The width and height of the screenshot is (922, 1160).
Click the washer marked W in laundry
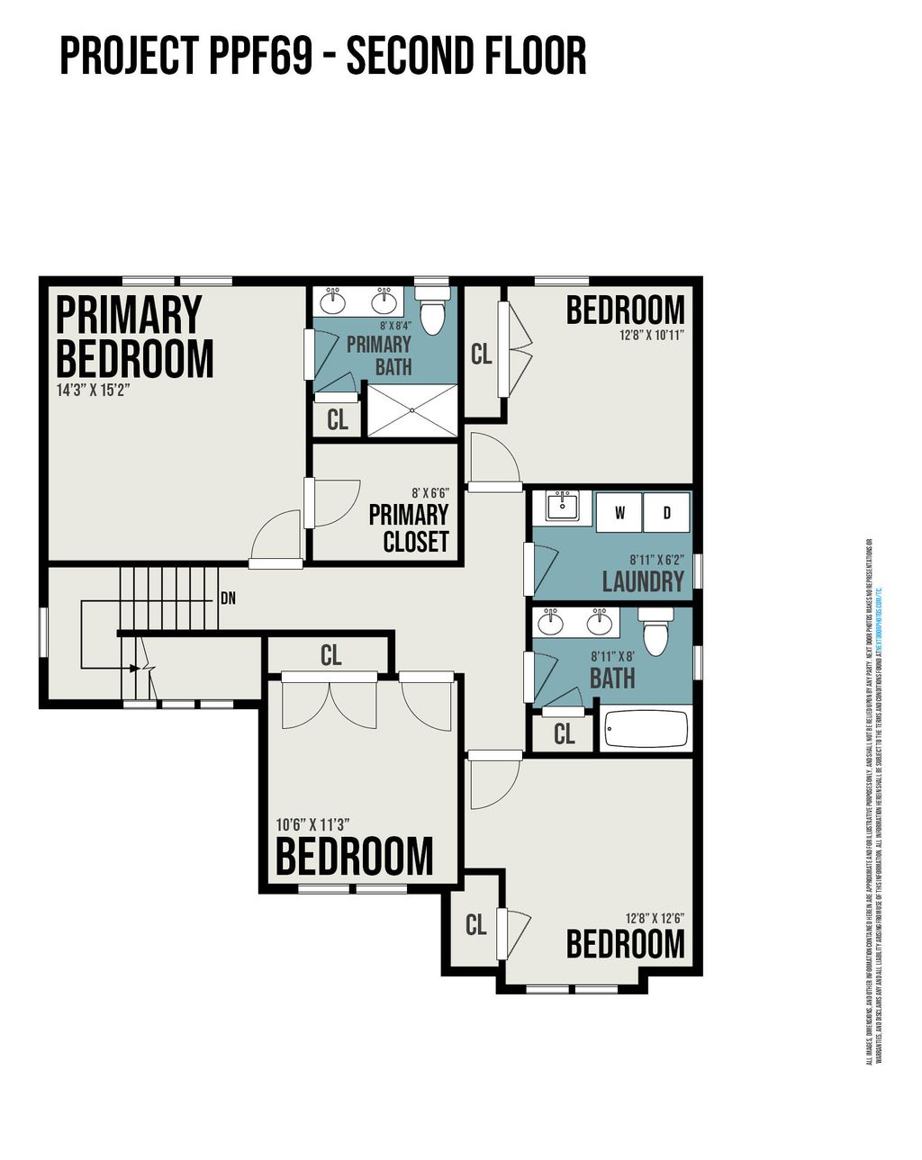click(619, 513)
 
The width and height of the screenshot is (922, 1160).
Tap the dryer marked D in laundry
click(667, 513)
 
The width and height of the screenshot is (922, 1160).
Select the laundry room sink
click(563, 508)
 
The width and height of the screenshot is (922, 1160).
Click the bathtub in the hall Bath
click(646, 729)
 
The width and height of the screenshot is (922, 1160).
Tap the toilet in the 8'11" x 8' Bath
click(655, 632)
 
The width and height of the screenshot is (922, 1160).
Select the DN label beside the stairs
click(228, 598)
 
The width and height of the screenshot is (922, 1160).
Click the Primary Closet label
click(410, 528)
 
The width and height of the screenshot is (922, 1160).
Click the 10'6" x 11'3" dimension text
click(312, 823)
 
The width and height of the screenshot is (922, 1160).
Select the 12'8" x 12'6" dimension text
click(655, 919)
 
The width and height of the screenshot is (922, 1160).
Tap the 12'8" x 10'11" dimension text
click(652, 335)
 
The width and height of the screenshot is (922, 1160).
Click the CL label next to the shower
click(338, 420)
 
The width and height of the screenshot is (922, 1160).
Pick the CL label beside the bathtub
click(564, 734)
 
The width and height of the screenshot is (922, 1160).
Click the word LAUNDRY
click(643, 581)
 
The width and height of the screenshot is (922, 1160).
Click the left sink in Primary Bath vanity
click(334, 297)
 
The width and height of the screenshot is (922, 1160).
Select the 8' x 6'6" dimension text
click(429, 493)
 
